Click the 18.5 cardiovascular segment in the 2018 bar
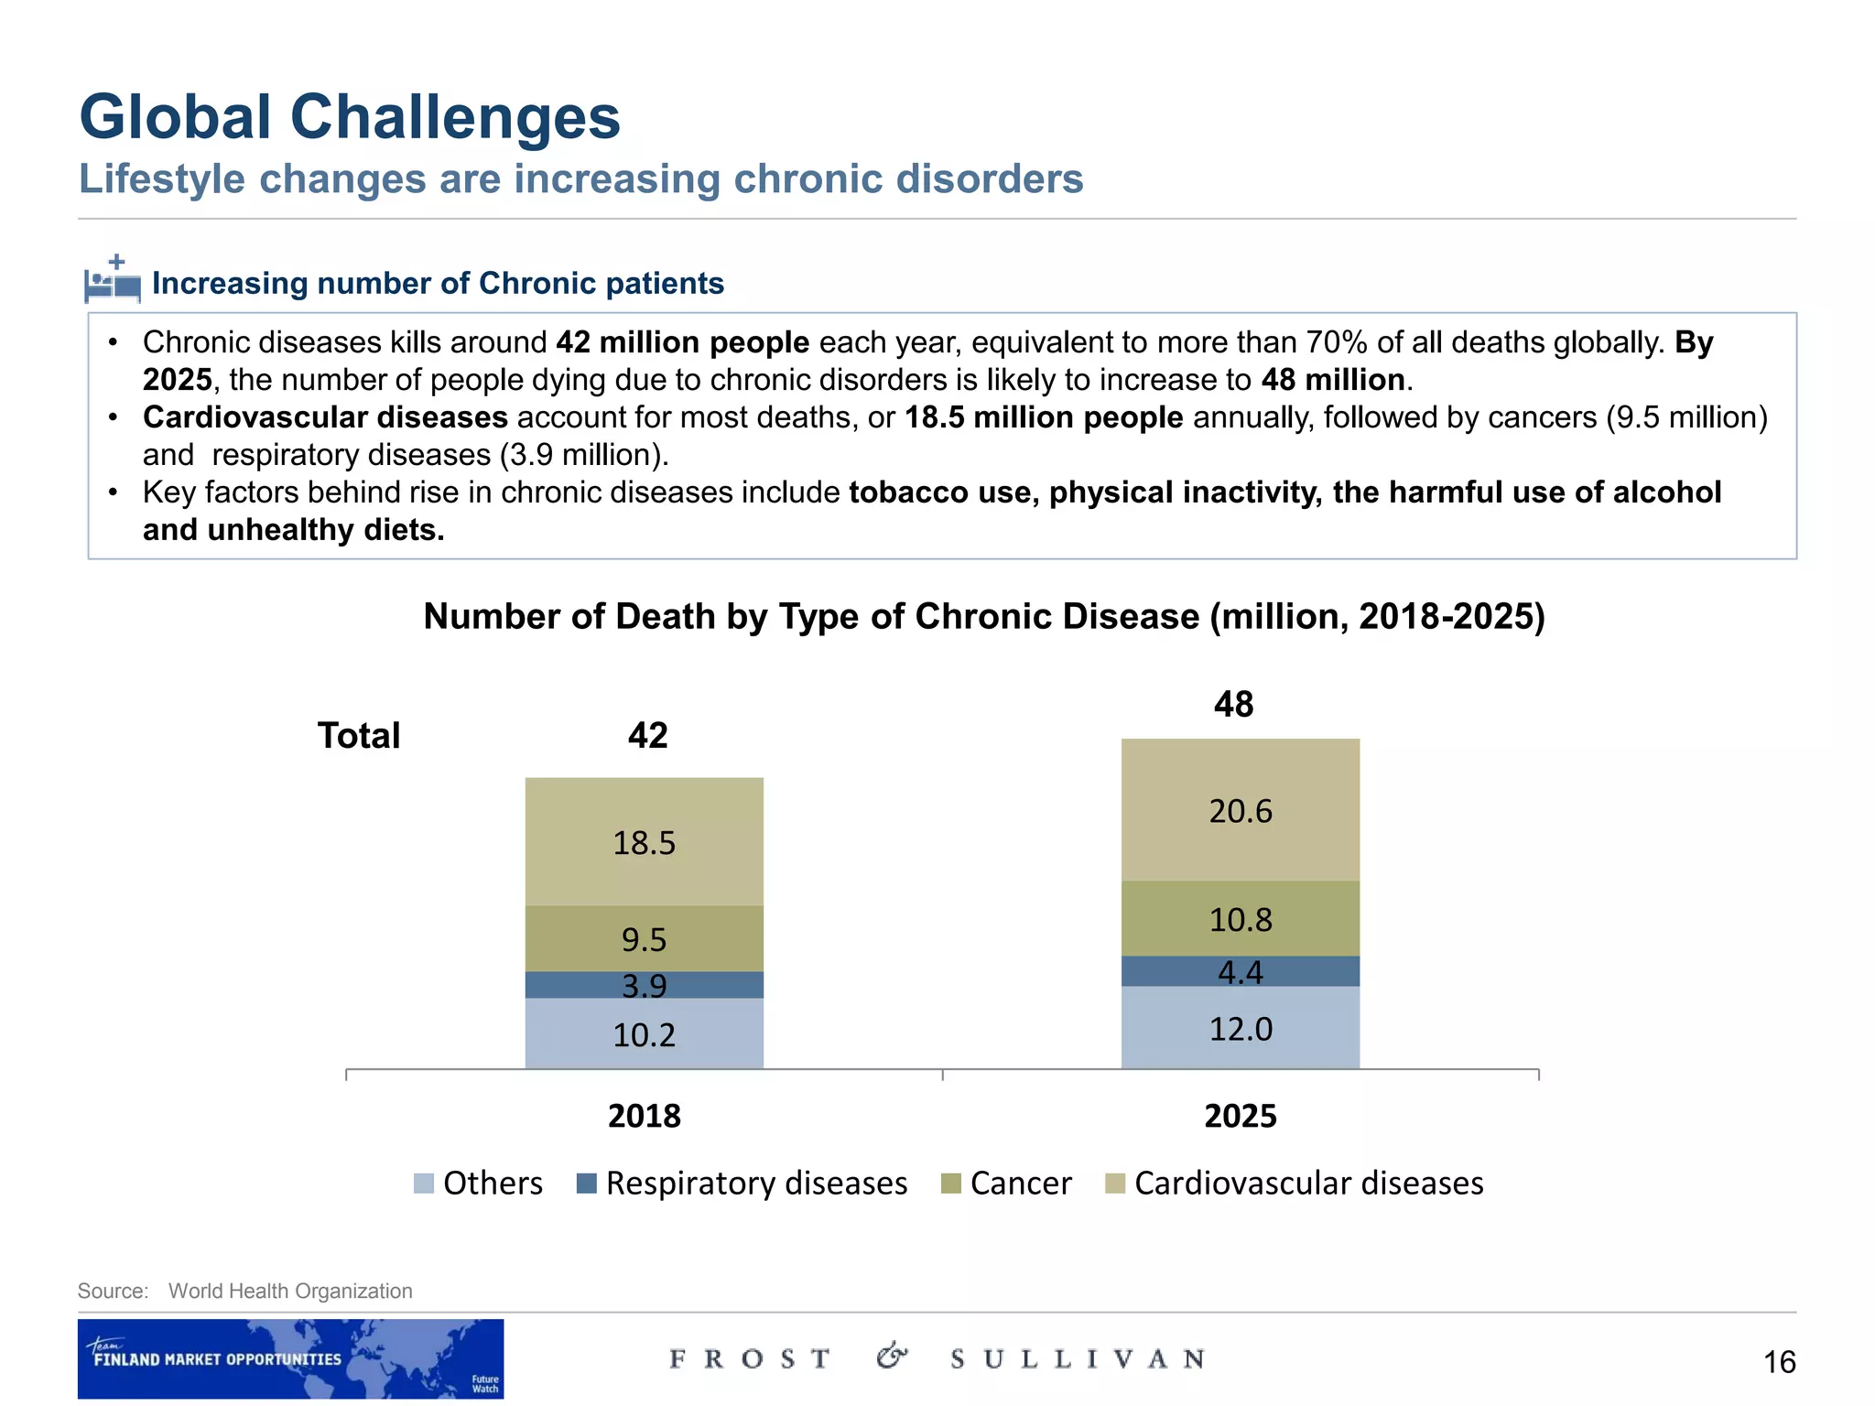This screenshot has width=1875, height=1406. click(644, 842)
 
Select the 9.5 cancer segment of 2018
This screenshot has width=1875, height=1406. click(644, 938)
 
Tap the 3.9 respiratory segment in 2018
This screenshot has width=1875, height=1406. click(644, 985)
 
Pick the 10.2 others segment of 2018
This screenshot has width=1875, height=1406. click(644, 1034)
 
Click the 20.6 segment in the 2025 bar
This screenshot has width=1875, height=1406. click(1240, 810)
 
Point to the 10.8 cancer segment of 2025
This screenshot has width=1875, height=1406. click(1240, 919)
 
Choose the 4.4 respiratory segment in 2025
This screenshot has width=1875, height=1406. click(1240, 971)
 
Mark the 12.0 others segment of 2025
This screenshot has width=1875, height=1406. click(1240, 1028)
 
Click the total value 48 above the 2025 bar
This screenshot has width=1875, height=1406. click(1233, 704)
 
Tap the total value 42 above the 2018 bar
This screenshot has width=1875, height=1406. click(647, 735)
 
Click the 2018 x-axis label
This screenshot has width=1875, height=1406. click(644, 1116)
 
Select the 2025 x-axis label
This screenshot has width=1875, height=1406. click(1240, 1116)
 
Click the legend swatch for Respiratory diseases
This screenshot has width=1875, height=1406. click(587, 1183)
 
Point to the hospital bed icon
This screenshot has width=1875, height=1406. click(113, 280)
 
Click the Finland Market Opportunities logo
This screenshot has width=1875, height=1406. click(290, 1358)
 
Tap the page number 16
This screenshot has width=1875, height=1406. click(1779, 1362)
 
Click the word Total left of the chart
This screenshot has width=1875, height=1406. click(359, 735)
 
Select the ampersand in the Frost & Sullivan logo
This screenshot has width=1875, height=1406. click(891, 1357)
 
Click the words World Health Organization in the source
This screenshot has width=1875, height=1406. click(290, 1291)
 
